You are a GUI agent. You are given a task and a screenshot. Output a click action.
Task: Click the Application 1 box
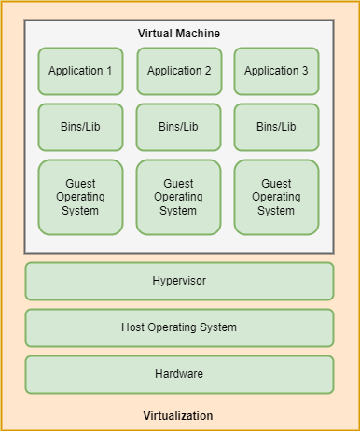click(80, 71)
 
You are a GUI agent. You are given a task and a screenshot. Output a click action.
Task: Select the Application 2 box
click(179, 71)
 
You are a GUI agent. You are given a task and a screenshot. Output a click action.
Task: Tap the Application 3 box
click(276, 71)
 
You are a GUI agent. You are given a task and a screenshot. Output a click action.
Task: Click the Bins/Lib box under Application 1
click(80, 127)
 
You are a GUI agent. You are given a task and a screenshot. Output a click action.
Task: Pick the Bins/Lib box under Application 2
click(178, 127)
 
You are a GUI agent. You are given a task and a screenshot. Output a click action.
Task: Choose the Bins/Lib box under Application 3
click(276, 127)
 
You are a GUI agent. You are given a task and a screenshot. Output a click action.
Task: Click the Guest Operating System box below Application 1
click(80, 197)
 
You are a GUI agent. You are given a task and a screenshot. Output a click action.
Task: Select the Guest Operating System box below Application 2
click(178, 197)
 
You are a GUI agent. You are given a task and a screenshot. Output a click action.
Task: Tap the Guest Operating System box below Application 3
click(276, 197)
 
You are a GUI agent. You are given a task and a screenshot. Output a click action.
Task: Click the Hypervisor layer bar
click(179, 281)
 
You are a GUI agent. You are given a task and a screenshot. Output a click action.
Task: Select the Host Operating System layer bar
click(179, 327)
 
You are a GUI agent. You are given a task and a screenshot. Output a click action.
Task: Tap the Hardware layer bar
click(179, 374)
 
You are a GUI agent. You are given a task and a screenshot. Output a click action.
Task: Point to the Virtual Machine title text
click(179, 34)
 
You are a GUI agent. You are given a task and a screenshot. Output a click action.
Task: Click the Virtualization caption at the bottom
click(178, 416)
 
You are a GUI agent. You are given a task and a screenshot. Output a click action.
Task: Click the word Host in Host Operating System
click(134, 327)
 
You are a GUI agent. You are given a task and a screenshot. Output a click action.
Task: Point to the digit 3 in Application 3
click(304, 71)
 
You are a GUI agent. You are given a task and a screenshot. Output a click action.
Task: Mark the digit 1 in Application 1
click(109, 71)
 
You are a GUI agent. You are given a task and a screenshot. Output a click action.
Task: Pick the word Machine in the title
click(199, 34)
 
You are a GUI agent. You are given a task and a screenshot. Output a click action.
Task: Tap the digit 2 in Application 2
click(207, 71)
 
